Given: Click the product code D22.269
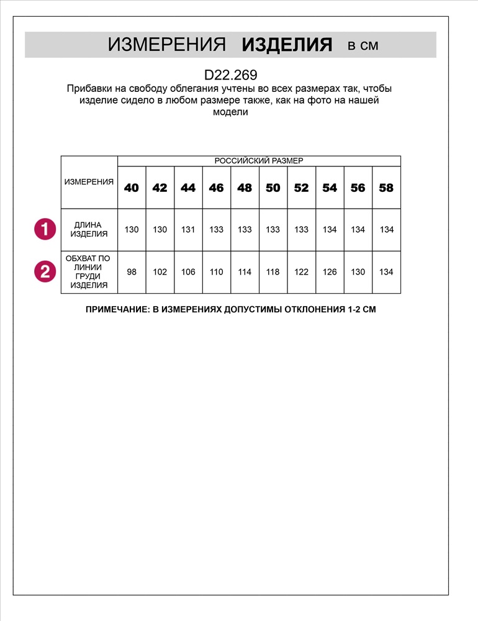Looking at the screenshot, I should pyautogui.click(x=230, y=75).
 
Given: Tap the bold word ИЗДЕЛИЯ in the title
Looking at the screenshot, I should pyautogui.click(x=287, y=45).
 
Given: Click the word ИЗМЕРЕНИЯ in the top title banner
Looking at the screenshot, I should pyautogui.click(x=166, y=45).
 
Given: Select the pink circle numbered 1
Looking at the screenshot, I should pyautogui.click(x=45, y=229).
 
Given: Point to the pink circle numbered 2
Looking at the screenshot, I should pyautogui.click(x=45, y=271).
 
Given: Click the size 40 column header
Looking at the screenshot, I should pyautogui.click(x=132, y=188).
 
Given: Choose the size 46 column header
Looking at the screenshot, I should pyautogui.click(x=216, y=188).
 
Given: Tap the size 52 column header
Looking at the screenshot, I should pyautogui.click(x=301, y=188).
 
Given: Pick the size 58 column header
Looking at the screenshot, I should pyautogui.click(x=386, y=188).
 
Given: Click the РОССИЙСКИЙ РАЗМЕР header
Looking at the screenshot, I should pyautogui.click(x=259, y=161).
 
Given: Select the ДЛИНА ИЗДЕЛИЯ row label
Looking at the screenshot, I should pyautogui.click(x=89, y=229).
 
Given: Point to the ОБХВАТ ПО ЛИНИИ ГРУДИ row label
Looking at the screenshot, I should pyautogui.click(x=89, y=271).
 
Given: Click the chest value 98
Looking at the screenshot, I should pyautogui.click(x=132, y=272).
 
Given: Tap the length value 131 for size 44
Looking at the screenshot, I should pyautogui.click(x=188, y=230).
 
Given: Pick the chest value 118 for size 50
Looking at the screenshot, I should pyautogui.click(x=273, y=272).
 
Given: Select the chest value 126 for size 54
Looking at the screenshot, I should pyautogui.click(x=330, y=272).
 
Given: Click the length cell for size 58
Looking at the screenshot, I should pyautogui.click(x=387, y=230).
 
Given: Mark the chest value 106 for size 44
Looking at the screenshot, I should pyautogui.click(x=188, y=272).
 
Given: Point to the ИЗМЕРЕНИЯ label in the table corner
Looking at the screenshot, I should pyautogui.click(x=89, y=182).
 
